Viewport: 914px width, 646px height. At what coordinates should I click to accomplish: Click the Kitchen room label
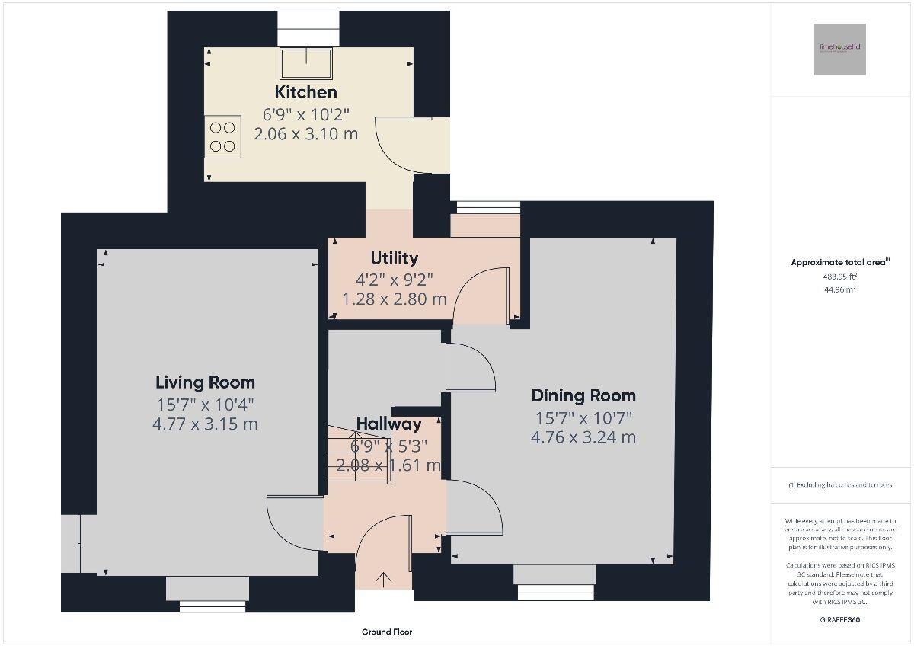point(305,93)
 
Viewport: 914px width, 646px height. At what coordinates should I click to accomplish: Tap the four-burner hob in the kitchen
point(222,137)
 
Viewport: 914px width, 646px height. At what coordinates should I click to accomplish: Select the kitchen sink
point(307,62)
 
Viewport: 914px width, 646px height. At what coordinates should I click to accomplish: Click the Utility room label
point(394,258)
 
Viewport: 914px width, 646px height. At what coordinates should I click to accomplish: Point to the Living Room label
point(205,382)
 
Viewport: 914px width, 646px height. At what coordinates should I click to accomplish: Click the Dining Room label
point(583,395)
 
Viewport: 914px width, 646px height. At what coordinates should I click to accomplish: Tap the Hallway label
point(388,424)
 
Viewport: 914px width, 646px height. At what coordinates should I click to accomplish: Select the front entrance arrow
point(383,580)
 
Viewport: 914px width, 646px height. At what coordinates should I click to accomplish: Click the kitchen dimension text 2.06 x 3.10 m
point(310,133)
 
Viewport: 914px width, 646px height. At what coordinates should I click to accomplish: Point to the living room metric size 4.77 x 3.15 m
point(205,424)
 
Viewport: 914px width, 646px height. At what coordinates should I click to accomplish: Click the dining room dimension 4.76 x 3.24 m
point(583,437)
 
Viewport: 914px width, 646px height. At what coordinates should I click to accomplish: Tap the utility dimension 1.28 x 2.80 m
point(394,299)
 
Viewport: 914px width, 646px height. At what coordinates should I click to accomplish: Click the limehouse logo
point(839,49)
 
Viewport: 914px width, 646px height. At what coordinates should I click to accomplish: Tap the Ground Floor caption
point(387,632)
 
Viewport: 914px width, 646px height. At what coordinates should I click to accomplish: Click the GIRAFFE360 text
point(840,620)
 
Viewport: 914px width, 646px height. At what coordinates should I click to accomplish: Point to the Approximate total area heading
point(840,262)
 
